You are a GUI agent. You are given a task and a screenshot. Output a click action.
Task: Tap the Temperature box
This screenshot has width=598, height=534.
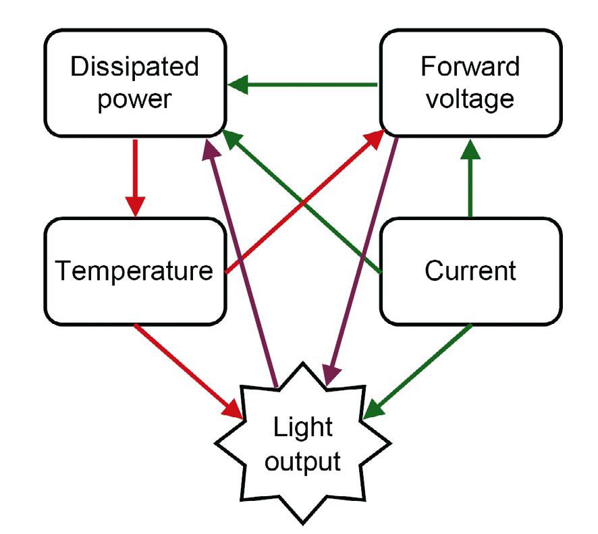pos(134,271)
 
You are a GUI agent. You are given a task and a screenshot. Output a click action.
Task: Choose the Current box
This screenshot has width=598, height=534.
pos(470,271)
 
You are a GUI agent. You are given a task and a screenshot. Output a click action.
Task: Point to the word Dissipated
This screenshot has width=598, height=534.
pos(135,68)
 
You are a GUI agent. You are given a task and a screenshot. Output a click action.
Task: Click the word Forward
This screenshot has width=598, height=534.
pos(470,68)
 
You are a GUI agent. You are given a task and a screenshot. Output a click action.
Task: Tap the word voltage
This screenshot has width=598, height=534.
pos(470,100)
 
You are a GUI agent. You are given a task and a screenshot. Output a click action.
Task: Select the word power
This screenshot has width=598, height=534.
pos(135,100)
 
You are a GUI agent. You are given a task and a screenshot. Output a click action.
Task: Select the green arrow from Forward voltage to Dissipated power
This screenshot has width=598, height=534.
pos(304,85)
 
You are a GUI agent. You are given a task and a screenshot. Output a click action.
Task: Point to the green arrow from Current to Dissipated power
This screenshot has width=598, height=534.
pos(304,203)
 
